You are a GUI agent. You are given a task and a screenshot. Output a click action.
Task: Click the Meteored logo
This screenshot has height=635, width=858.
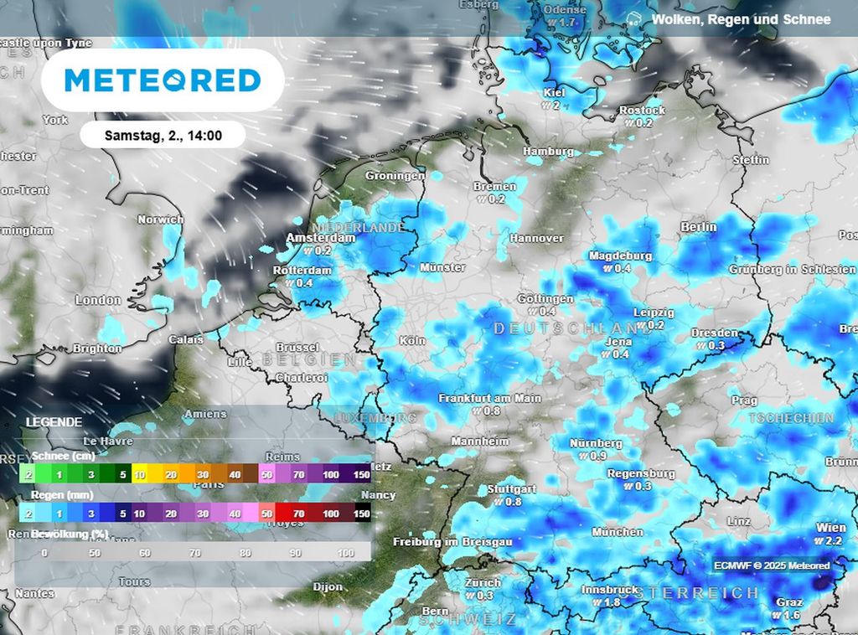point(163,80)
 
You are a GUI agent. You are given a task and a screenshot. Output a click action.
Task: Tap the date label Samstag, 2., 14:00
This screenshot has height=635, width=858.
point(163,135)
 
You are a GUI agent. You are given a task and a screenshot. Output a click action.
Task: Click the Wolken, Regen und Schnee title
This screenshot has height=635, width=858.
point(741,19)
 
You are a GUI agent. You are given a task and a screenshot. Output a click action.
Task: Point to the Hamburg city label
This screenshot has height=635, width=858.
point(548,152)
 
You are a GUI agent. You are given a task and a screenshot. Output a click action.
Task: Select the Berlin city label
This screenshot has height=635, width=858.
point(699,227)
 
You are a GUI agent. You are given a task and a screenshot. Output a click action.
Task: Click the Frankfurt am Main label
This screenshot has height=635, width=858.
point(489,399)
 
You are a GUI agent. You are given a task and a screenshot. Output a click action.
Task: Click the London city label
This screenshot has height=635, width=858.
point(98,300)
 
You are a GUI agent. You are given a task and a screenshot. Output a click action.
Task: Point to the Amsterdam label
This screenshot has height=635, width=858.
point(320,238)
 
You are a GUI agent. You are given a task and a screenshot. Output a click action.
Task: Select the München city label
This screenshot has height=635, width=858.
point(618,532)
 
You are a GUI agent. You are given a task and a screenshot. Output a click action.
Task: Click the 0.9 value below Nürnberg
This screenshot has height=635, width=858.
point(597,456)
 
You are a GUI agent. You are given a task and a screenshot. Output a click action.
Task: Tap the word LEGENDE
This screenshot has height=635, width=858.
point(54,422)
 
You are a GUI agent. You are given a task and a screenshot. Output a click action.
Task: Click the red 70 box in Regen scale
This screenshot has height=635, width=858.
point(298,514)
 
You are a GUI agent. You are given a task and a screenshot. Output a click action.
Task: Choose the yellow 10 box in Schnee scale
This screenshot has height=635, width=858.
point(139,475)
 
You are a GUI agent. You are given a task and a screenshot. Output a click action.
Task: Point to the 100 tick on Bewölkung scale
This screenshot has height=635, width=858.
point(345,553)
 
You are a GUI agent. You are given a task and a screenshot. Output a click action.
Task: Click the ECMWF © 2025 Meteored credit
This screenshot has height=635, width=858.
point(771,565)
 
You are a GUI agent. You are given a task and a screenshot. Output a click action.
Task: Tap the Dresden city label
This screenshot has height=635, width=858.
point(715,333)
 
